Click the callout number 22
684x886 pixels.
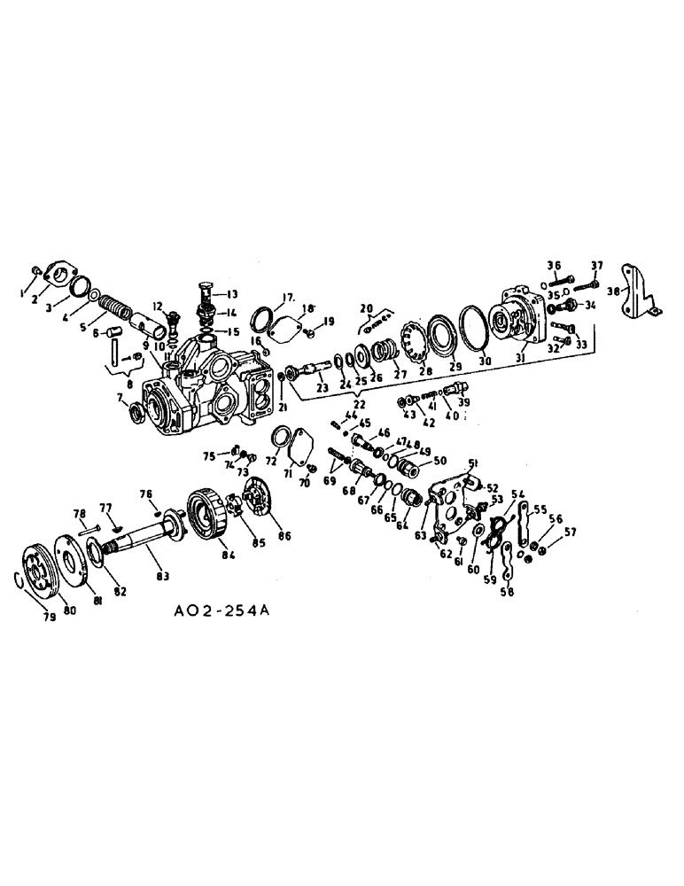359,407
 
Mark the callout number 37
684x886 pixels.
596,266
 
